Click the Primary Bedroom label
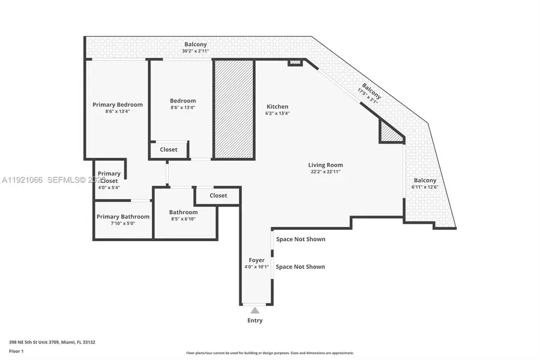point(118,104)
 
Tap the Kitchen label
point(278,106)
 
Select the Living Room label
point(325,165)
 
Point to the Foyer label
point(256,260)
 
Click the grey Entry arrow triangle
point(255,310)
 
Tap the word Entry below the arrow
point(255,320)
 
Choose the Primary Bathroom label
point(123,217)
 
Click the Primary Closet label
point(109,177)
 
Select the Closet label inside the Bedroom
point(169,149)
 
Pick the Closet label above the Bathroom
point(218,196)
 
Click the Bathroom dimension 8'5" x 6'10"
point(183,219)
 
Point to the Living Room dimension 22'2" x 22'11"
point(325,172)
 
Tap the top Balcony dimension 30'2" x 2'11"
point(195,51)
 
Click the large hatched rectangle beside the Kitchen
point(234,109)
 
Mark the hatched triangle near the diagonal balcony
point(389,133)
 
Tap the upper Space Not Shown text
point(301,239)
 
